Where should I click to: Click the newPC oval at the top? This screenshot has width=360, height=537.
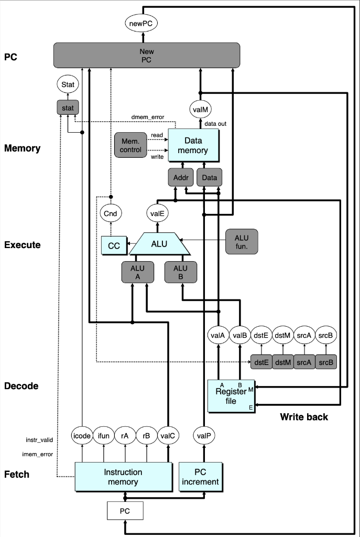pos(141,23)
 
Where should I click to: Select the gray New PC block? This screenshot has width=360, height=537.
pos(147,55)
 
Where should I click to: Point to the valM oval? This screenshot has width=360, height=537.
pos(200,109)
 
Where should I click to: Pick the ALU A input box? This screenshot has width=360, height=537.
pos(133,272)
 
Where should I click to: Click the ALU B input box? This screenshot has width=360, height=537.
pos(182,272)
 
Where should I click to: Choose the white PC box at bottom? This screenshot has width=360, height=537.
pos(125,510)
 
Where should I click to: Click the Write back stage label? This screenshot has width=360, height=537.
pos(304,417)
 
